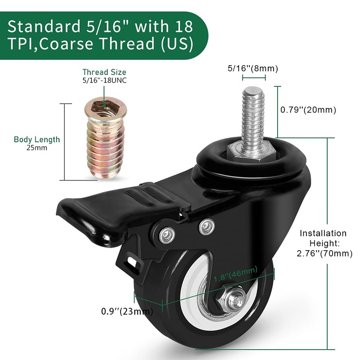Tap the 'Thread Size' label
[x=104, y=72]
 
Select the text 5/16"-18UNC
[x=104, y=81]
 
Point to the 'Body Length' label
[x=37, y=139]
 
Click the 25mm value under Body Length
[x=37, y=148]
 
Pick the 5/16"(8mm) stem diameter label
[x=253, y=69]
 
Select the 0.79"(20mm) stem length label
[x=308, y=109]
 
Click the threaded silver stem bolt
[x=253, y=117]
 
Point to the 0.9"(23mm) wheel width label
[x=126, y=310]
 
